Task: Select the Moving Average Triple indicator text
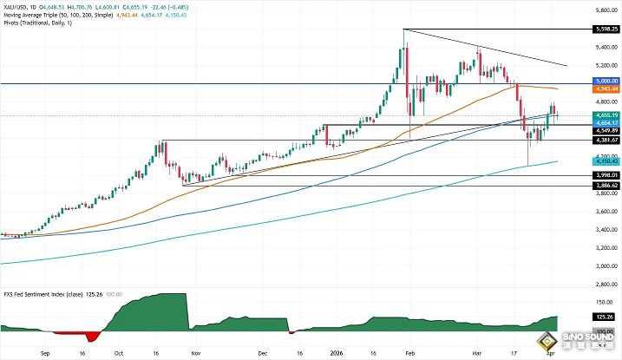[36, 16]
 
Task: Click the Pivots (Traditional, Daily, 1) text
[37, 23]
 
